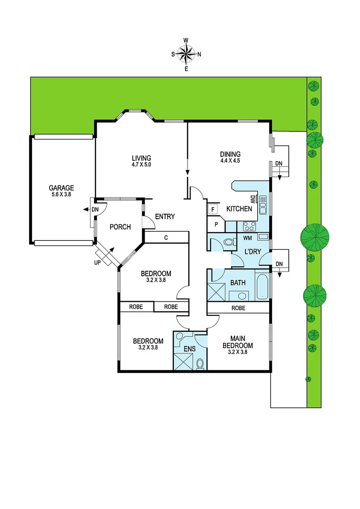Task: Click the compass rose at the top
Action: (187, 54)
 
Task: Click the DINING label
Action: (230, 154)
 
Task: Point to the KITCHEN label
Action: (239, 209)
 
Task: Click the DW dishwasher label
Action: (253, 199)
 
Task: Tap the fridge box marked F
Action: (213, 209)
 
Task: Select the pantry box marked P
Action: (216, 225)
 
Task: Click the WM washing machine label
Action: (247, 238)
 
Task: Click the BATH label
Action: (237, 283)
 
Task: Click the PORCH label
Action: (120, 227)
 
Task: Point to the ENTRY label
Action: (164, 217)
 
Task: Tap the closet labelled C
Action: (166, 238)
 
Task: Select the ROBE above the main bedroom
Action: (238, 308)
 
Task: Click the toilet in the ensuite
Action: (200, 363)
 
